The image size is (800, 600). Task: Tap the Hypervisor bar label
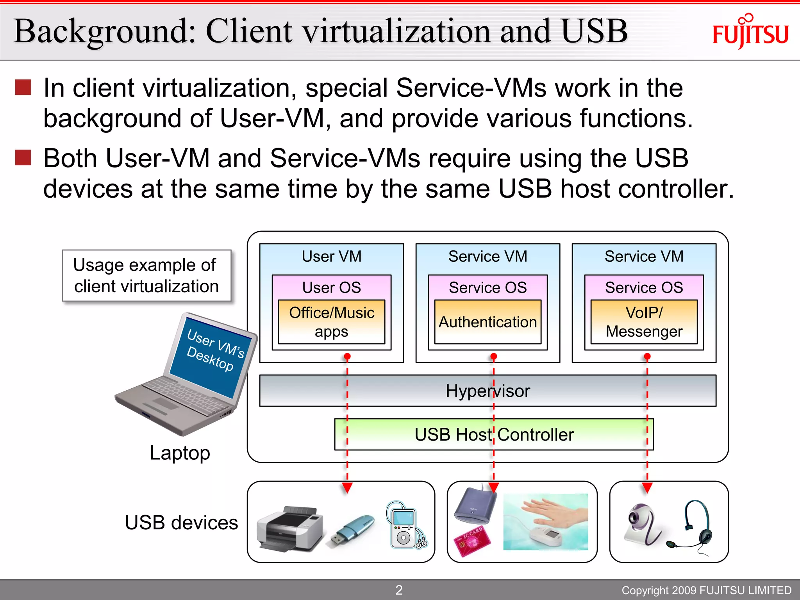pyautogui.click(x=487, y=391)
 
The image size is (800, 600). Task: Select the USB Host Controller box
pyautogui.click(x=494, y=434)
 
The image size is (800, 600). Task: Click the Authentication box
pyautogui.click(x=487, y=322)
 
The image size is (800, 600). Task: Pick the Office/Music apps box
pyautogui.click(x=331, y=322)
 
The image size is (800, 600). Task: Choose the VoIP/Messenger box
pyautogui.click(x=644, y=322)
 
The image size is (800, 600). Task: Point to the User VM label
pyautogui.click(x=331, y=257)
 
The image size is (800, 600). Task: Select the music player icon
pyautogui.click(x=405, y=526)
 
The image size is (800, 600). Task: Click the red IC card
pyautogui.click(x=471, y=541)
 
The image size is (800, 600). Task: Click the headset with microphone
pyautogui.click(x=698, y=527)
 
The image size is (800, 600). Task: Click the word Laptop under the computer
pyautogui.click(x=180, y=453)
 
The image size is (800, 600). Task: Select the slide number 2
pyautogui.click(x=399, y=590)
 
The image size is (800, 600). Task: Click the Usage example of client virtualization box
pyautogui.click(x=146, y=275)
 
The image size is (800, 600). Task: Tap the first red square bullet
pyautogui.click(x=23, y=87)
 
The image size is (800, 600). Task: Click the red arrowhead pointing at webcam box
pyautogui.click(x=647, y=487)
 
